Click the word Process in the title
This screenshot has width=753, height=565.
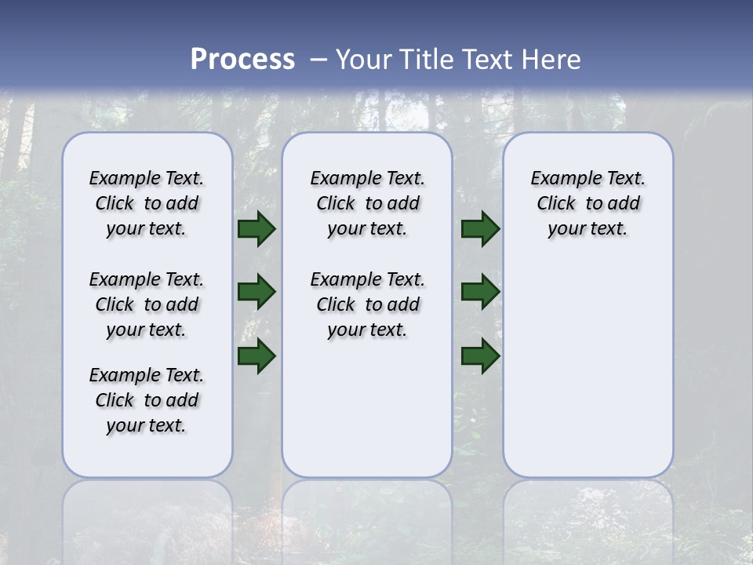click(242, 60)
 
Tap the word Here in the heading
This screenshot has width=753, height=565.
click(551, 60)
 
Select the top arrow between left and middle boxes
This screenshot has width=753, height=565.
click(256, 228)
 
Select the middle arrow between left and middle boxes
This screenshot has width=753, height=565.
click(256, 292)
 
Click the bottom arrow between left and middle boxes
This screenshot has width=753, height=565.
click(256, 355)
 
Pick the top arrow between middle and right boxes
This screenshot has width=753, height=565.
click(480, 228)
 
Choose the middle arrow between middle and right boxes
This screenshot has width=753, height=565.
click(480, 292)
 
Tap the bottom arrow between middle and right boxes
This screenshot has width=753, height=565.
click(480, 355)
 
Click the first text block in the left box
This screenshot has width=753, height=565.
click(147, 203)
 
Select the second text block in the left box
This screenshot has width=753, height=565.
click(147, 304)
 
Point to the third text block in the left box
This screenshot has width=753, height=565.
click(147, 400)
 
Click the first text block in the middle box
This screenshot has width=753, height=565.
click(367, 203)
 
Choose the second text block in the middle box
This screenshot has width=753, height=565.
click(367, 304)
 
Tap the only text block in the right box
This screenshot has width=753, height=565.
click(587, 203)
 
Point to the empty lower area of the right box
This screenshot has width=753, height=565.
click(587, 369)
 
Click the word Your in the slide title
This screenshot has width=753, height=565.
click(363, 60)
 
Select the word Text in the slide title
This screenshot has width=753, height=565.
click(486, 60)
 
